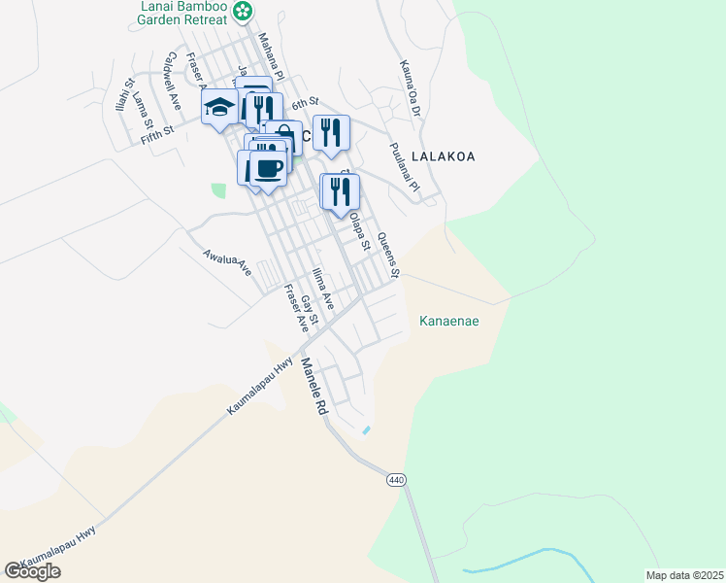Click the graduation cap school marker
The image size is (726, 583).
pyautogui.click(x=220, y=106)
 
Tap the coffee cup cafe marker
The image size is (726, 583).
pyautogui.click(x=269, y=167)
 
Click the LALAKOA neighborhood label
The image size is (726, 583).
pyautogui.click(x=444, y=155)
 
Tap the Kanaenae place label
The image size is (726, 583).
pyautogui.click(x=449, y=321)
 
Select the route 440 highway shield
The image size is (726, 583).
pyautogui.click(x=395, y=480)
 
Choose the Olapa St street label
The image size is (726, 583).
pyautogui.click(x=360, y=231)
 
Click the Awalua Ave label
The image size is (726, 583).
pyautogui.click(x=227, y=262)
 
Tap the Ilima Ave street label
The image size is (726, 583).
pyautogui.click(x=323, y=289)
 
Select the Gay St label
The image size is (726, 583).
pyautogui.click(x=310, y=310)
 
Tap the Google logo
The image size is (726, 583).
pyautogui.click(x=32, y=570)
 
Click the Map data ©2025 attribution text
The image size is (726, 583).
pyautogui.click(x=683, y=575)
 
